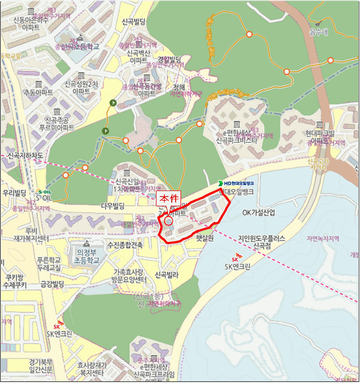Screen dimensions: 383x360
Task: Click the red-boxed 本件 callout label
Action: [x=168, y=199]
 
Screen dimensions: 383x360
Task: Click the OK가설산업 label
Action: [x=259, y=212]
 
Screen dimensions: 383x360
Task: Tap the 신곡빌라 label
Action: [x=167, y=275]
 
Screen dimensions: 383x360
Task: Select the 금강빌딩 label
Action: [x=53, y=284]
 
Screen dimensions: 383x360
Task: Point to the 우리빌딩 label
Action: [x=15, y=193]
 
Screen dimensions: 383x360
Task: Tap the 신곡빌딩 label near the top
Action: [x=134, y=22]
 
